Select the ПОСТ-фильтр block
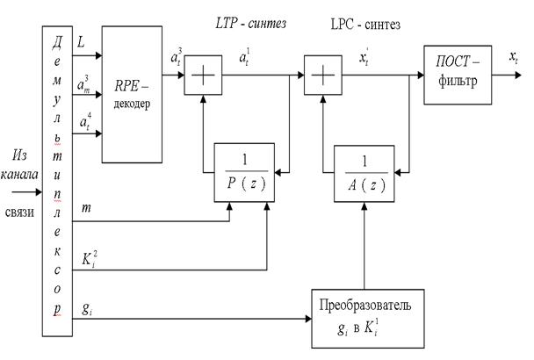click(x=457, y=75)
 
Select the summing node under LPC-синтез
click(x=321, y=82)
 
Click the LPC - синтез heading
click(x=365, y=25)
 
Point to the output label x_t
click(x=513, y=58)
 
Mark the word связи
click(x=20, y=210)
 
